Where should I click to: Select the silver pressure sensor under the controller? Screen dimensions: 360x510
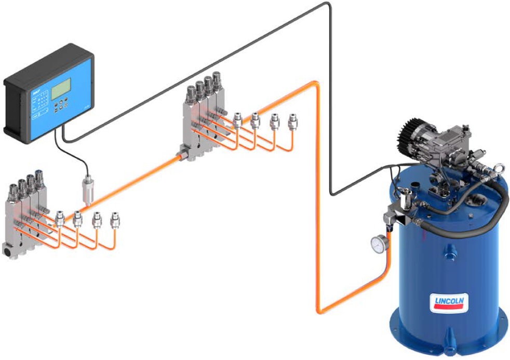(86, 189)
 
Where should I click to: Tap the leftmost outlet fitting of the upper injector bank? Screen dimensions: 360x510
(237, 121)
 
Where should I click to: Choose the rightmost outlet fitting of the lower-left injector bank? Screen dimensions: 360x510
(115, 220)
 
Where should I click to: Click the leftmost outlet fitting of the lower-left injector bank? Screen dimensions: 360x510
(60, 215)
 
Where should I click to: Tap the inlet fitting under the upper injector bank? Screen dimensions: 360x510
(184, 153)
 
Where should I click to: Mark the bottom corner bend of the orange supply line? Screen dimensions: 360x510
(320, 310)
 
